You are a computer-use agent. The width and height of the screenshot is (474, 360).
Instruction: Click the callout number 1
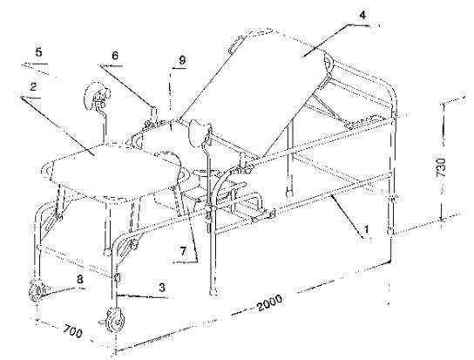pos(366,229)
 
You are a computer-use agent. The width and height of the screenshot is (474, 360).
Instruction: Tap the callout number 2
pos(33,87)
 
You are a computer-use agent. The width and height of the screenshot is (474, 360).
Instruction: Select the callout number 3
pos(162,287)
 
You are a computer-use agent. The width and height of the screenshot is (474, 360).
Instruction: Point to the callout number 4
pos(362,15)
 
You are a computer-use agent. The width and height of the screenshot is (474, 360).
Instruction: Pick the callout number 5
pos(38,52)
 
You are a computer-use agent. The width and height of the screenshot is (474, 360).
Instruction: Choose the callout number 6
pos(115,56)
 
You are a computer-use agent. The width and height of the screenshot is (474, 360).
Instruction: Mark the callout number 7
pos(183,252)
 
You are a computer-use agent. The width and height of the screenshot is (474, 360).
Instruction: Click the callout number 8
pos(79,279)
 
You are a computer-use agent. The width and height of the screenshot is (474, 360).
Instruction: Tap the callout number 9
pos(182,60)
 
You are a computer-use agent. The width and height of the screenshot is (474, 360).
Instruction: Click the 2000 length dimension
pos(269,302)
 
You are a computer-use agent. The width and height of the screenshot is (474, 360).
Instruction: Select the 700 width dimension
pos(73,331)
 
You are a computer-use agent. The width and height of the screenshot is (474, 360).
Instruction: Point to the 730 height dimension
pos(441,167)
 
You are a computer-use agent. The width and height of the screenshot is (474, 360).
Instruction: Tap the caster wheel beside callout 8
pos(37,291)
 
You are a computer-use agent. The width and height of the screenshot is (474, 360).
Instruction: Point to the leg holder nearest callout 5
pos(98,96)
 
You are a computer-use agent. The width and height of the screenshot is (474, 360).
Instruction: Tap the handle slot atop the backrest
pos(236,44)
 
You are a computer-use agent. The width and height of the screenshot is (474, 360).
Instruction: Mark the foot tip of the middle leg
pos(213,293)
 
